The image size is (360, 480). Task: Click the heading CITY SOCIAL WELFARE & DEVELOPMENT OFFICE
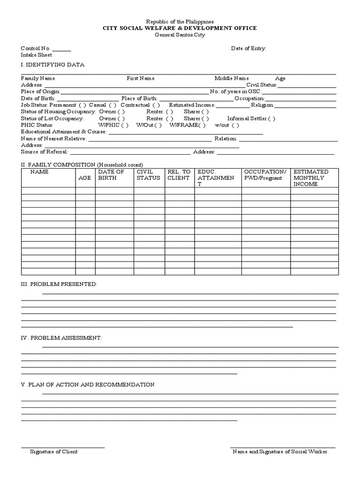point(180,28)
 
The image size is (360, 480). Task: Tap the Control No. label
point(36,48)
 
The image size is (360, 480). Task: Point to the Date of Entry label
point(248,48)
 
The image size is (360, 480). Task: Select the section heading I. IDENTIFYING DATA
point(52,65)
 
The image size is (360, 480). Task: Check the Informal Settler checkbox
point(270,119)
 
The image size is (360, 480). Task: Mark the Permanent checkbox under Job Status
point(82,105)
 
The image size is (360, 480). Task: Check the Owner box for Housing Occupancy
point(121,112)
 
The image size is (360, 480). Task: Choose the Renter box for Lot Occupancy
point(169,119)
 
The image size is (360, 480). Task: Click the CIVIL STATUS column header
point(148,175)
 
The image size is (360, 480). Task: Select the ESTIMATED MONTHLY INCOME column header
point(311,178)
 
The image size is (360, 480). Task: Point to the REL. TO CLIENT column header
point(179,175)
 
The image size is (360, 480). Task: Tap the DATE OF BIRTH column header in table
point(111,175)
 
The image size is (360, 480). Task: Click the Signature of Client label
point(54,451)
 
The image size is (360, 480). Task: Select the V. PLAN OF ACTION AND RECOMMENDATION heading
point(88,384)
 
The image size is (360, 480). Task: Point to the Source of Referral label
point(45,152)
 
